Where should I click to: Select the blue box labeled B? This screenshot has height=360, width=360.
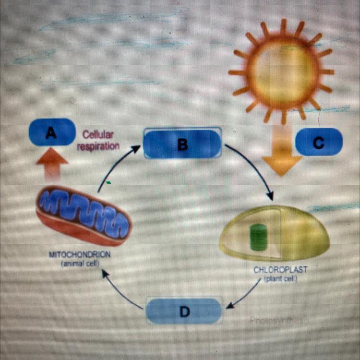point(182,144)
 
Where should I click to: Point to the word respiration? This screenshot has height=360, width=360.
point(98,146)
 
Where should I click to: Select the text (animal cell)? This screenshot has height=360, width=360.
point(81,263)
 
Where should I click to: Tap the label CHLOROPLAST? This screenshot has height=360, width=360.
point(280,270)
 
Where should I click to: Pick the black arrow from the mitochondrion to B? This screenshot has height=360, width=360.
point(118,166)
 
